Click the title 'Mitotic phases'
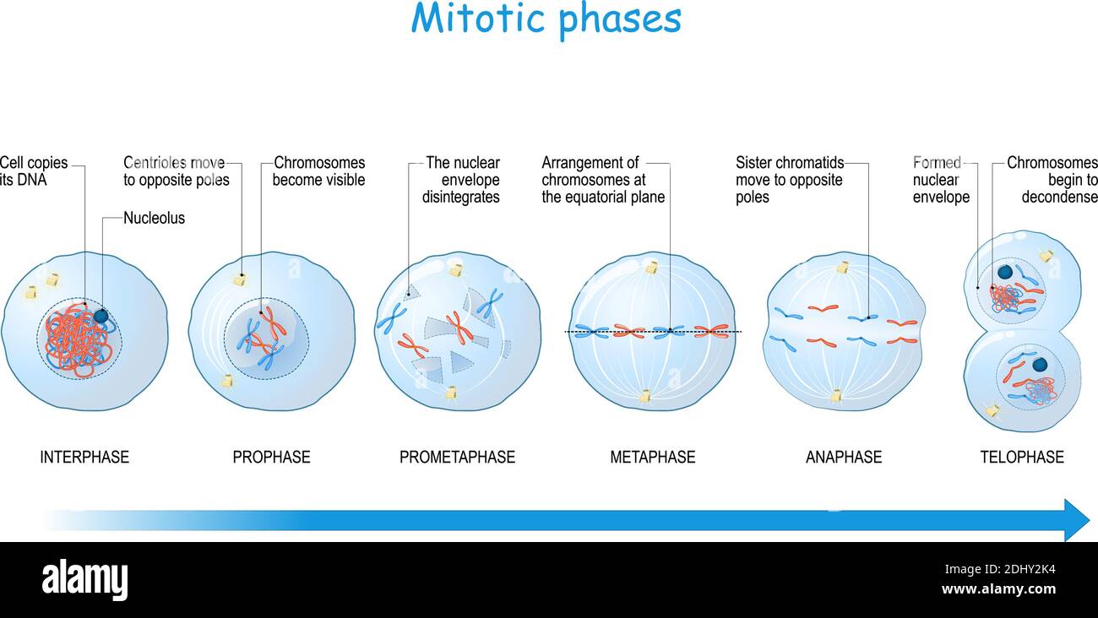click(546, 19)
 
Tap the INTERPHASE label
click(84, 457)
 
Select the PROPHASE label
click(271, 457)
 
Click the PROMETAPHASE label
click(457, 457)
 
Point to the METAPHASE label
click(652, 457)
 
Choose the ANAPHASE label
click(843, 457)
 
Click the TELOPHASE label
click(1021, 457)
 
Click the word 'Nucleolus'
click(154, 218)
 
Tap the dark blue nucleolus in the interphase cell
click(101, 316)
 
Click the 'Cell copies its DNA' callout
click(34, 171)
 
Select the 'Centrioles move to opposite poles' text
click(176, 171)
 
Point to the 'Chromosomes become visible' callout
click(318, 171)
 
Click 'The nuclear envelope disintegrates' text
click(461, 180)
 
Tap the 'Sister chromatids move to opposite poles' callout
click(789, 180)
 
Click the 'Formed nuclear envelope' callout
click(940, 180)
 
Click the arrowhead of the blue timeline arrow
click(1076, 519)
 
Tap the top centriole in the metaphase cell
click(651, 268)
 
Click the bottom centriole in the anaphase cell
click(835, 395)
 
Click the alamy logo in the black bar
click(84, 580)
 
